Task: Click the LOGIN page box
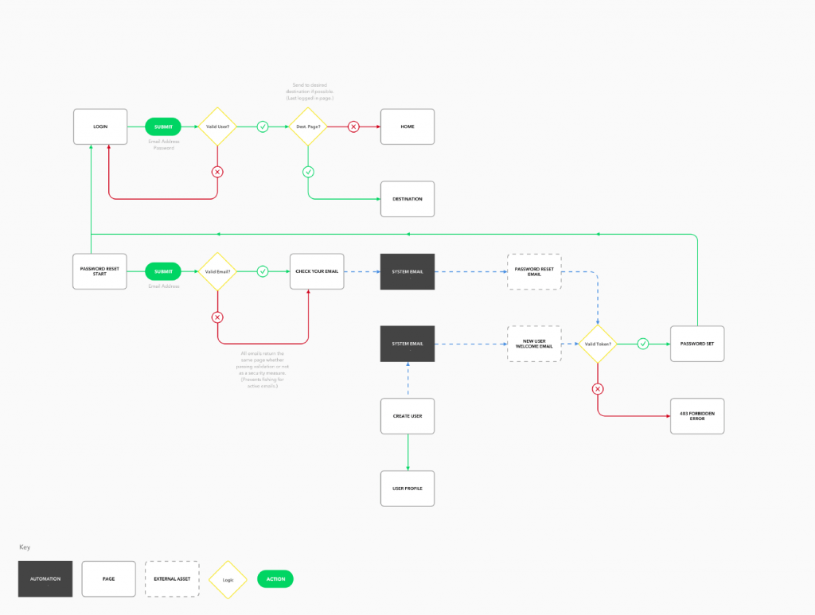99,127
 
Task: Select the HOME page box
407,127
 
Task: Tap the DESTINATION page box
407,199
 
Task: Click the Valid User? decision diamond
217,127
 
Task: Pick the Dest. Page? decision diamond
308,127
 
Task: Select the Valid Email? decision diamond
217,271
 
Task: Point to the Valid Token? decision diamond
598,344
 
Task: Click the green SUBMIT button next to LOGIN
163,127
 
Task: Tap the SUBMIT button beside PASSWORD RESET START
163,271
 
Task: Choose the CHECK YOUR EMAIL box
317,271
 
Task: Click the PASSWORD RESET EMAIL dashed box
534,271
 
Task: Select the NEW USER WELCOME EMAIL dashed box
534,344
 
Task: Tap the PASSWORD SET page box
697,344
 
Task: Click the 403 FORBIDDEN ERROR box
697,415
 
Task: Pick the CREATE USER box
407,416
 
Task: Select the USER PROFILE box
407,488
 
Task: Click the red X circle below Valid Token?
598,389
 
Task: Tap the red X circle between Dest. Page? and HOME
353,127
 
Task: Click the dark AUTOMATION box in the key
45,578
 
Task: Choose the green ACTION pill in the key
275,578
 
